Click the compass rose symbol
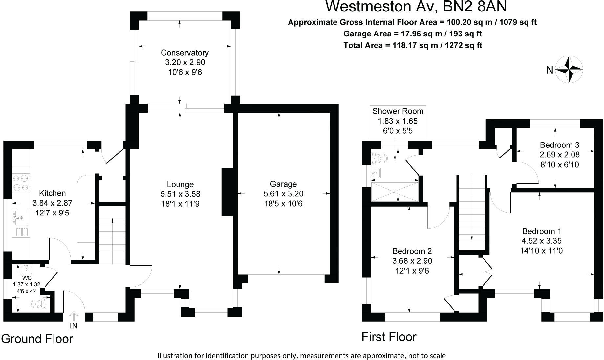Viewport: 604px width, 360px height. [x=569, y=69]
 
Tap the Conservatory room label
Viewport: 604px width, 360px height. [x=184, y=53]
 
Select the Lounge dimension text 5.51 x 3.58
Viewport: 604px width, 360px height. [x=180, y=194]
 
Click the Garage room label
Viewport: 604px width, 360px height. [x=283, y=184]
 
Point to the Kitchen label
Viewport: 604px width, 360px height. [x=52, y=193]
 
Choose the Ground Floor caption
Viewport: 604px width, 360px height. [x=37, y=339]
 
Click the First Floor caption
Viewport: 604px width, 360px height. [x=389, y=337]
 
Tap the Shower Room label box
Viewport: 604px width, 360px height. [x=398, y=121]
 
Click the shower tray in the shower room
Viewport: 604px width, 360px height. [x=395, y=192]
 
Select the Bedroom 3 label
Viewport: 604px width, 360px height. [x=560, y=145]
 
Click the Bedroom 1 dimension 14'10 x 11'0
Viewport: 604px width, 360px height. [x=541, y=251]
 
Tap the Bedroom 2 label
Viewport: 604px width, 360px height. [x=412, y=251]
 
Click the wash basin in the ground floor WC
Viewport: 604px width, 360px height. [x=26, y=270]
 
